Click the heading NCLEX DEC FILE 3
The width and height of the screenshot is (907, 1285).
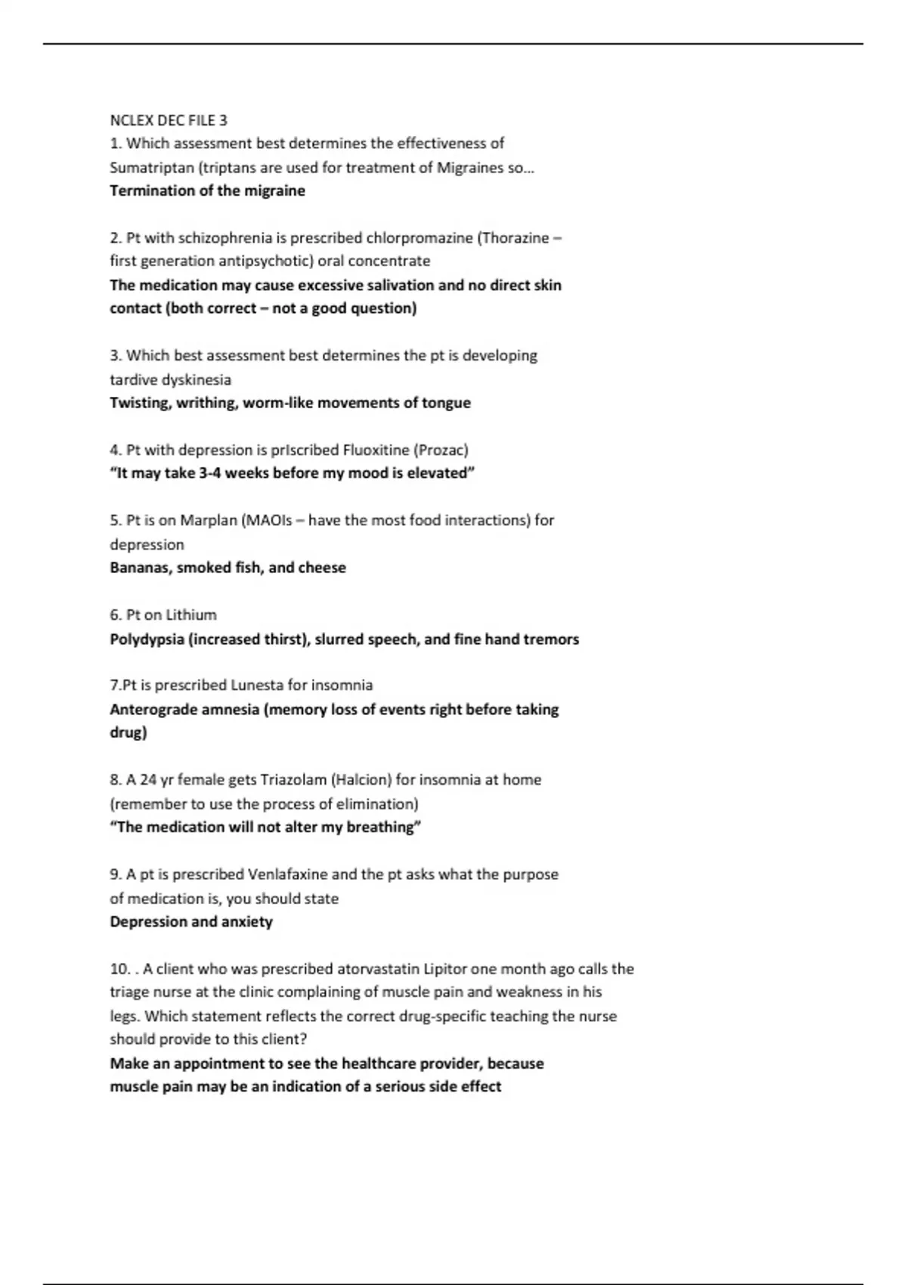coord(168,120)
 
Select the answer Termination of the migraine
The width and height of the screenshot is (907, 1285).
coord(207,190)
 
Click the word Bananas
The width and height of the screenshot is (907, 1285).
coord(140,568)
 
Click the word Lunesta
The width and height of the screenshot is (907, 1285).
coord(257,686)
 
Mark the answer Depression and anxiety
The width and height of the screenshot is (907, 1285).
coord(191,922)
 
